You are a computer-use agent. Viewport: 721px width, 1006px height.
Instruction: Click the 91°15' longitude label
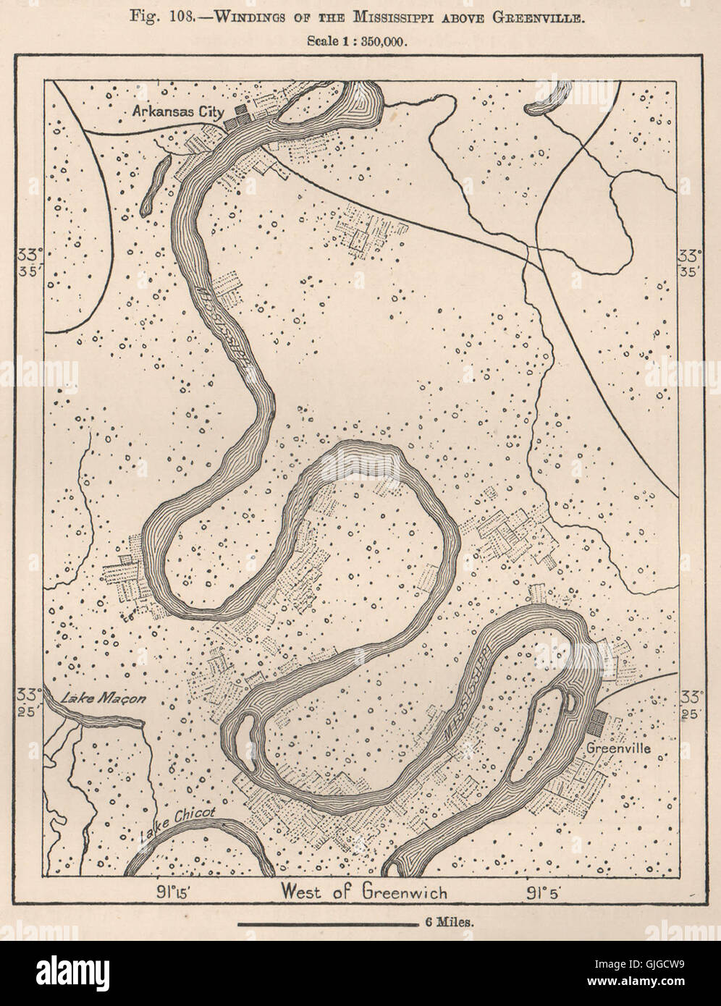click(172, 891)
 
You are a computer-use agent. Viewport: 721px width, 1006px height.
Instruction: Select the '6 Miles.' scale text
click(447, 923)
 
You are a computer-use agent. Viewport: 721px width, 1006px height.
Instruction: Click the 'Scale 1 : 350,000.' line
click(358, 41)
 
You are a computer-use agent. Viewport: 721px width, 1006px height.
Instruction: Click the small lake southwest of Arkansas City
click(153, 187)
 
